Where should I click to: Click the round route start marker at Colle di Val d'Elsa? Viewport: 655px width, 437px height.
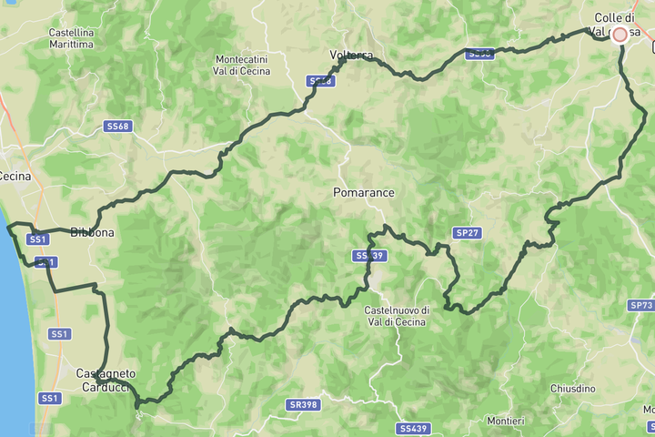[620, 34]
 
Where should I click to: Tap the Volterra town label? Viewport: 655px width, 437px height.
[351, 56]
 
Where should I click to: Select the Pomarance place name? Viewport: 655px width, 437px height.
[364, 193]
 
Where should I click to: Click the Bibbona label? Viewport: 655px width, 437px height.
[93, 233]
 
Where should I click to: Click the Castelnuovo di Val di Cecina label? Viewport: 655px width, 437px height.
[403, 316]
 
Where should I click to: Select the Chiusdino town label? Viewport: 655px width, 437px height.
[572, 389]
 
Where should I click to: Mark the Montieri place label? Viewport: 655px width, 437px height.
[506, 421]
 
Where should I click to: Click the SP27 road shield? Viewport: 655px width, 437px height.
[468, 233]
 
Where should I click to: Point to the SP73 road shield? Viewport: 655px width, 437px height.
[640, 305]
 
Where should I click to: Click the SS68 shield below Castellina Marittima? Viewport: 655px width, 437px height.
[117, 127]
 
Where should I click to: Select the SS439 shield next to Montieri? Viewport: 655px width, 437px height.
[412, 428]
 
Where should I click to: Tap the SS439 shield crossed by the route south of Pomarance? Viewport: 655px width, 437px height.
[369, 256]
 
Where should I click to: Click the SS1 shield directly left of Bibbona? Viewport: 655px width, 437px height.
[37, 239]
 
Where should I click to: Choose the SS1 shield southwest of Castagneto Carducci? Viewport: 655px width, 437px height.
[49, 399]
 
